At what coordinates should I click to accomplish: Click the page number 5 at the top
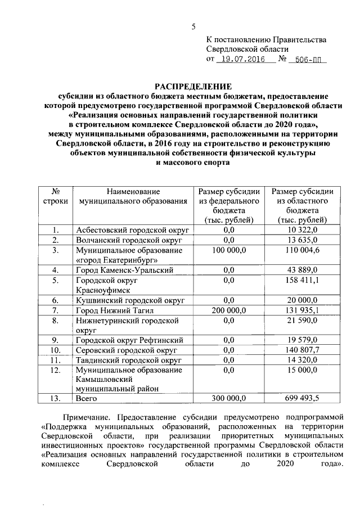click(194, 27)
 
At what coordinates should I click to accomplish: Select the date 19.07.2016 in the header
click(243, 58)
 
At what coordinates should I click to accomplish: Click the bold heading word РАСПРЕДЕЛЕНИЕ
click(193, 87)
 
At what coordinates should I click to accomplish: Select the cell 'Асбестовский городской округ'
click(132, 230)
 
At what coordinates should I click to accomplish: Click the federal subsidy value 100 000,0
click(228, 250)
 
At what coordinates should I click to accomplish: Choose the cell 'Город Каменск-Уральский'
click(124, 270)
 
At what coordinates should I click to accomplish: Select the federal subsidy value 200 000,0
click(228, 310)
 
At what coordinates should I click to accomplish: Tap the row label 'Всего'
click(86, 398)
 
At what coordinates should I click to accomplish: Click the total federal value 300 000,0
click(228, 398)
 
